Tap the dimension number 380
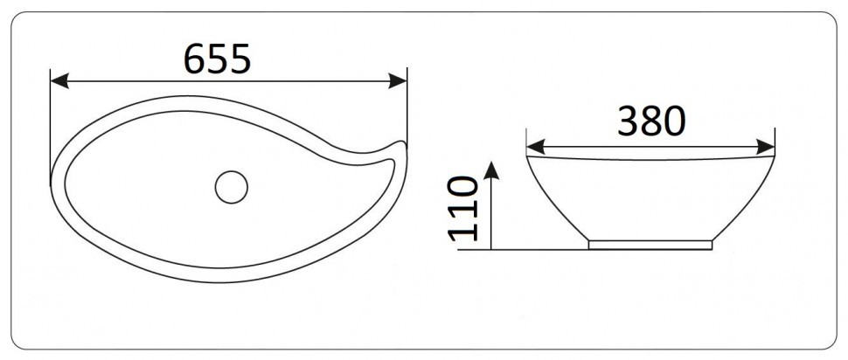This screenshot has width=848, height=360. tap(651, 121)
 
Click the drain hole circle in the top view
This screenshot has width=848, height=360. tap(232, 186)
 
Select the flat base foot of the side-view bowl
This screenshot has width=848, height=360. tap(650, 246)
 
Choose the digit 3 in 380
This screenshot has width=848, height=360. tap(629, 121)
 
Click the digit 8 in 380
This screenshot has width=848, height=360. tap(651, 121)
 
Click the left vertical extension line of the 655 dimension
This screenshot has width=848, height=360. tap(52, 122)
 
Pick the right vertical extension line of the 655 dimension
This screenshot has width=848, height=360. tap(407, 105)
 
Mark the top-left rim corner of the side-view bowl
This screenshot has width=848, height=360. tap(526, 158)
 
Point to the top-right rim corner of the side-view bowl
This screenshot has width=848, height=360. tap(775, 158)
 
